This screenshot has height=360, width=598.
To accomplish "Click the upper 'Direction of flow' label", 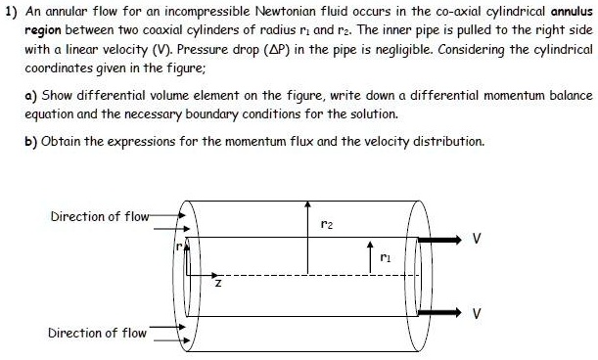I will pyautogui.click(x=97, y=216).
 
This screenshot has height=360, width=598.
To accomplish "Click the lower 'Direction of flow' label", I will pyautogui.click(x=97, y=334).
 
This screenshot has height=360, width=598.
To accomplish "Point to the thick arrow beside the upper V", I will pyautogui.click(x=444, y=238).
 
